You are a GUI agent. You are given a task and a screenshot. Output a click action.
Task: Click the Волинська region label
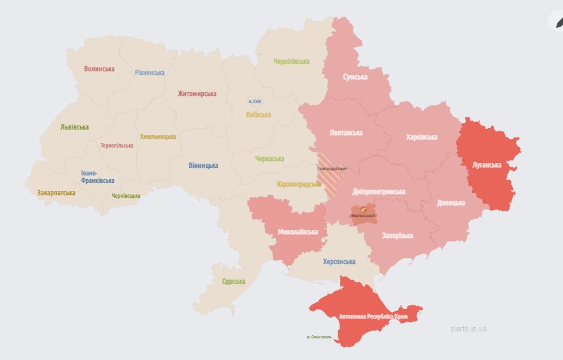pos(99,69)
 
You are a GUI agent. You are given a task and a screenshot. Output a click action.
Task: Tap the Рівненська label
pos(150,72)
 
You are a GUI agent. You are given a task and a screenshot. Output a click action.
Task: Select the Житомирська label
pos(197,94)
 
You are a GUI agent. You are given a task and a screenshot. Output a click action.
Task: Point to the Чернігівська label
pos(291,61)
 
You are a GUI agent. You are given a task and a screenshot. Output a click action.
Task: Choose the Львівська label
pos(74,127)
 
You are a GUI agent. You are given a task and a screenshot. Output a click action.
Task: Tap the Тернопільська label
pos(117,146)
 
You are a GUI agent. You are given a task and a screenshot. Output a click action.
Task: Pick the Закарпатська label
pos(56,193)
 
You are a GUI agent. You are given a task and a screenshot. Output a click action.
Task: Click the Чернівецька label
pos(126,196)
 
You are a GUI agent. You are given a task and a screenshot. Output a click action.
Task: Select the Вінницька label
pos(203,165)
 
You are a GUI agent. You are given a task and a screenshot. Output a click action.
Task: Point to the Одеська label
pos(233,281)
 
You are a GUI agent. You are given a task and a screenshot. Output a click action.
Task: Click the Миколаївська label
pos(298,232)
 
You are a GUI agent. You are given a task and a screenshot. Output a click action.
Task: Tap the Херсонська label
pos(339,262)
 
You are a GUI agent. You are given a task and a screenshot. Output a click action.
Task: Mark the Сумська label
pos(355,77)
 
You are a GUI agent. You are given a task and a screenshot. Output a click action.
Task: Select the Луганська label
pos(486,165)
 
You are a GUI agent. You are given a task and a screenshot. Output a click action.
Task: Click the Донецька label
pos(450,203)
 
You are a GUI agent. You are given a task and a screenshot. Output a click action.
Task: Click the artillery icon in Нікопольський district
pos(364,210)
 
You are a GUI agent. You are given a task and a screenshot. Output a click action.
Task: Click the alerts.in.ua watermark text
pos(468,328)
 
